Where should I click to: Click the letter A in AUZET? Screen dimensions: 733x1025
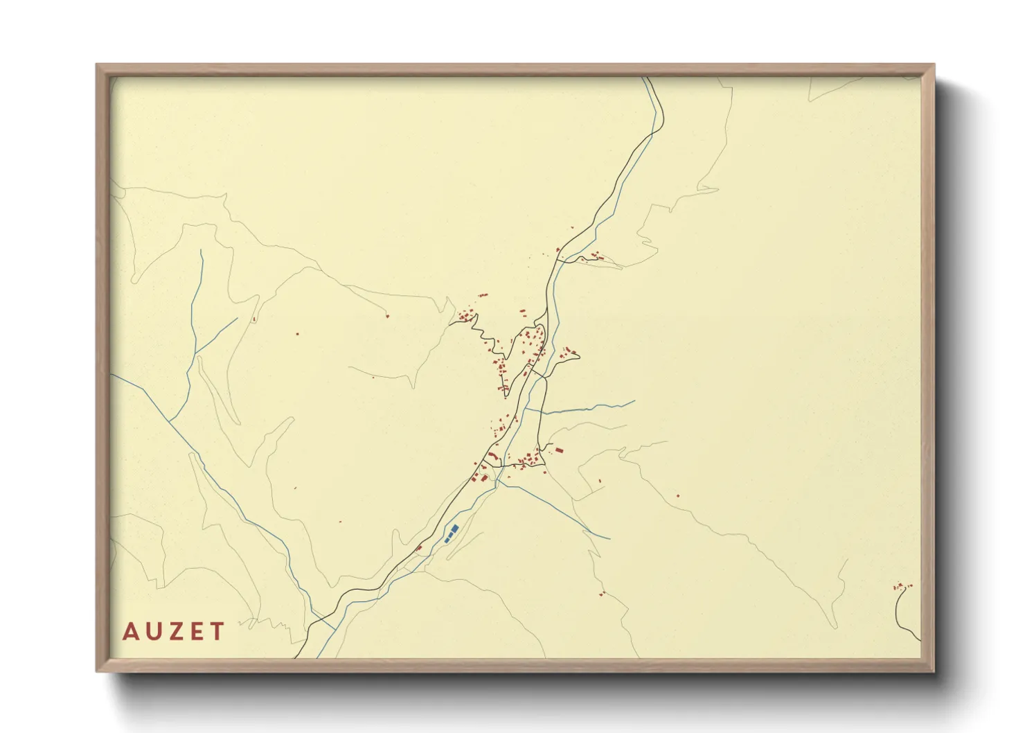130,632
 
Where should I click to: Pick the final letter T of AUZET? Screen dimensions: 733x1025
217,632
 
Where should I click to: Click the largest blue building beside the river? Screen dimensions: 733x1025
454,529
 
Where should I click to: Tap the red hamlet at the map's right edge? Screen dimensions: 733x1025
902,586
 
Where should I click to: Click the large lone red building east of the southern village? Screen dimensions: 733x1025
559,451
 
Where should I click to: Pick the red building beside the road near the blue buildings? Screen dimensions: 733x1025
419,548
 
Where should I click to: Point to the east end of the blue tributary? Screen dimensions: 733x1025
633,401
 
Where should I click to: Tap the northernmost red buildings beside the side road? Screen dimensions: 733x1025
596,256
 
